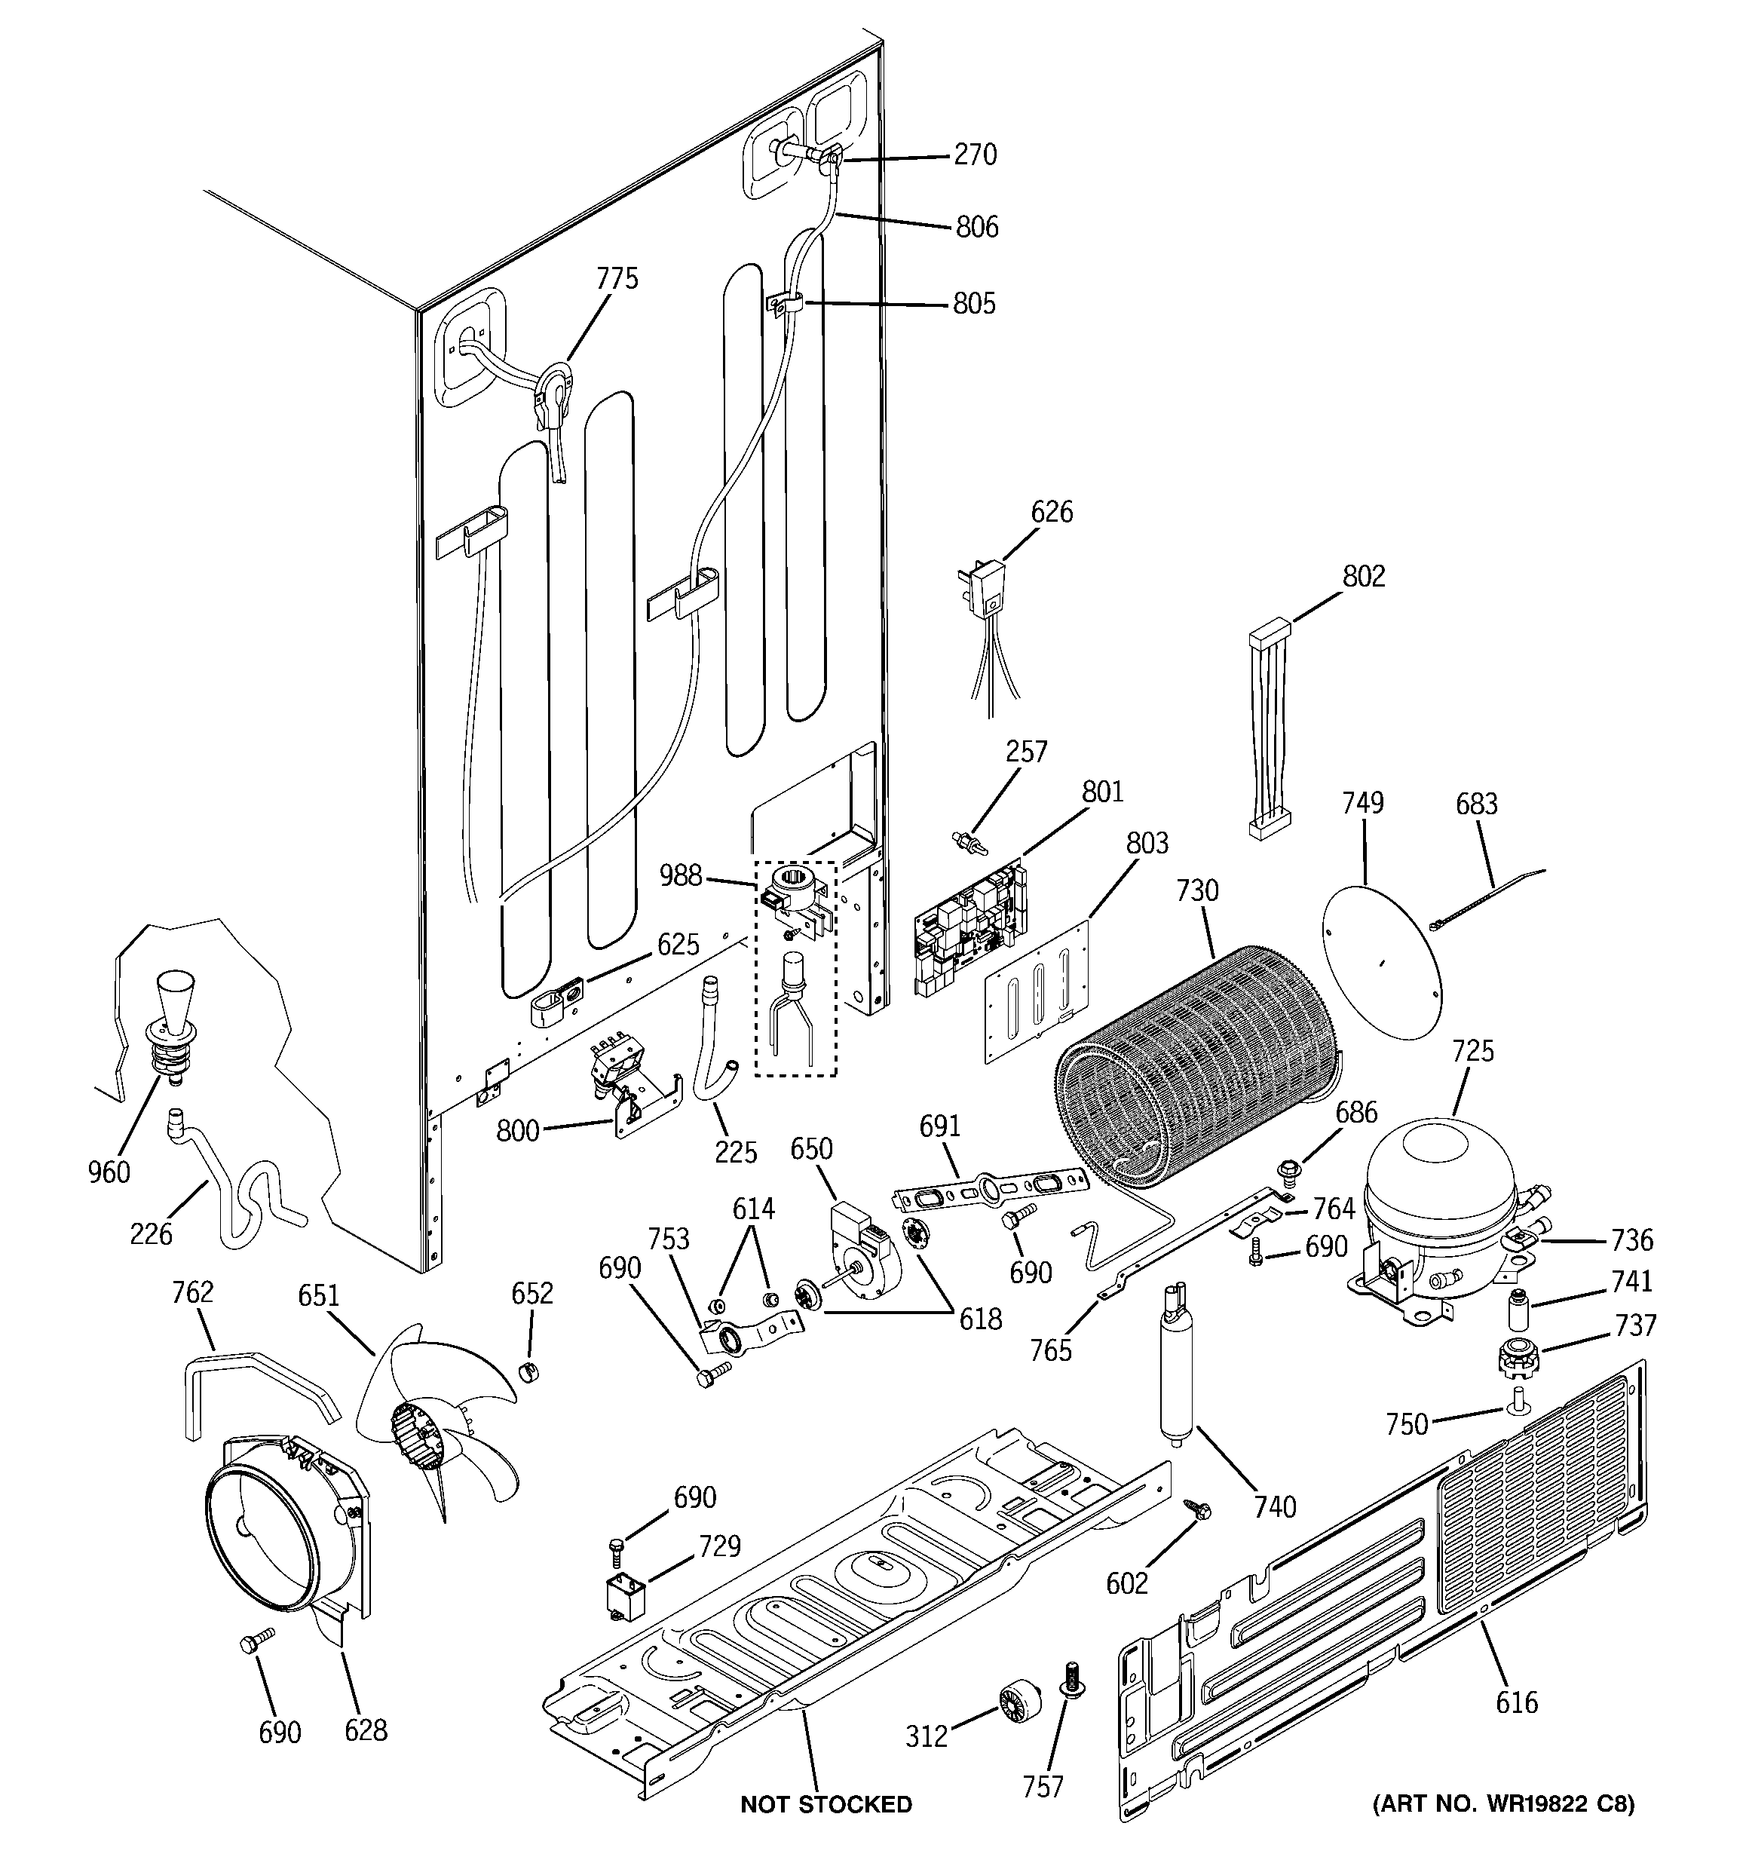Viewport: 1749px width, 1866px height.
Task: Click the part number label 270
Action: pos(975,155)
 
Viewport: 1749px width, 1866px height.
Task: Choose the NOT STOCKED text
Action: pos(825,1804)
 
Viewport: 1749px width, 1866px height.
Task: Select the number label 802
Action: pos(1363,575)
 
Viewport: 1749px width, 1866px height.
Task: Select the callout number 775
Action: pos(617,279)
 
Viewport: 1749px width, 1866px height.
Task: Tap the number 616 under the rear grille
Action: pos(1517,1702)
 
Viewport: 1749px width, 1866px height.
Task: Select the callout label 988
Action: pos(680,876)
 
